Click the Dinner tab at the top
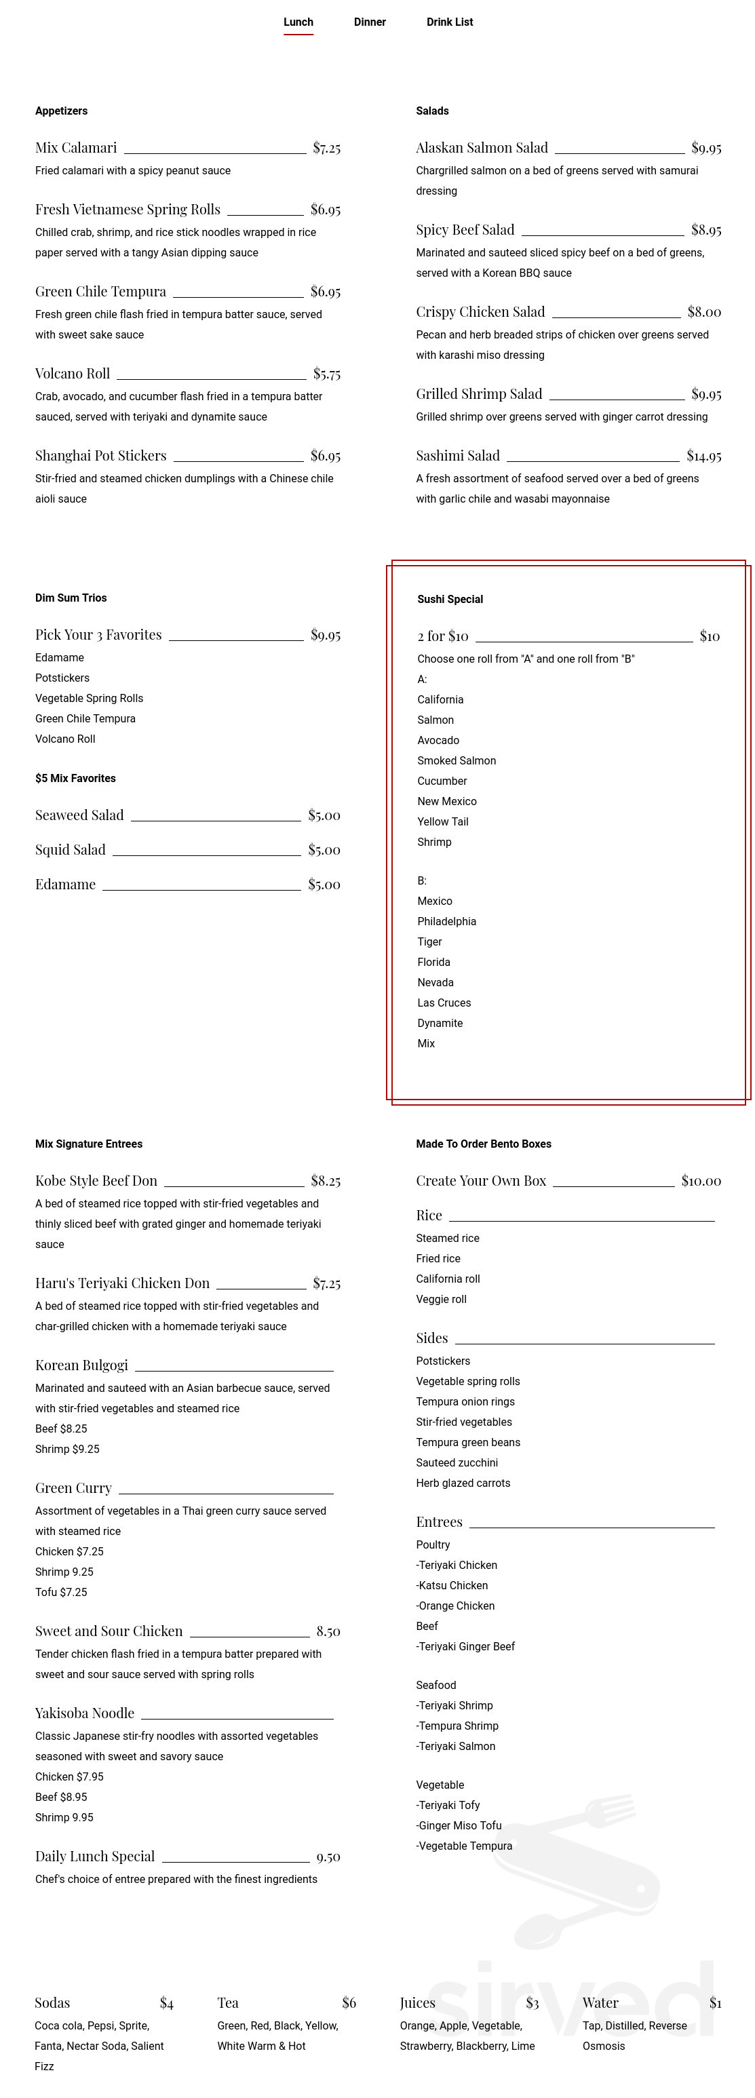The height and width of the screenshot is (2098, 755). click(369, 22)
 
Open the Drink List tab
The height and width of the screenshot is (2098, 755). click(449, 22)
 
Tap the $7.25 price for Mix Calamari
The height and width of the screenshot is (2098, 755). click(326, 149)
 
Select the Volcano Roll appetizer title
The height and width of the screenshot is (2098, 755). click(73, 374)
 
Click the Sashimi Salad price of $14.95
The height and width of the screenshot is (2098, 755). click(703, 456)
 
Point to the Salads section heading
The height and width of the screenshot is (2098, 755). click(431, 111)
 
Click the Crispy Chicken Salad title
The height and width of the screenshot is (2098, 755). click(480, 312)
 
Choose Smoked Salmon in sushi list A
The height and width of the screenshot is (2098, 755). click(456, 760)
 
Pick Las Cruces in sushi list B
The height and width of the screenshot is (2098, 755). click(444, 1003)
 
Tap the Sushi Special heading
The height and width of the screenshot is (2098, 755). click(450, 600)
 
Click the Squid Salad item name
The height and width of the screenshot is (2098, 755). click(70, 849)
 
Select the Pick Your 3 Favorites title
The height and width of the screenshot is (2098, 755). click(98, 634)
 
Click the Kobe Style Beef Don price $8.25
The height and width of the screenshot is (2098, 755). click(326, 1181)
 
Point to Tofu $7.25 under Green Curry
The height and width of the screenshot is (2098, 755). click(61, 1592)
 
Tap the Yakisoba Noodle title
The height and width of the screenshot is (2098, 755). click(85, 1713)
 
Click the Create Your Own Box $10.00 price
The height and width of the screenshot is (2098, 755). click(701, 1181)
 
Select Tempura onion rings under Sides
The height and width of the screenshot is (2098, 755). click(465, 1401)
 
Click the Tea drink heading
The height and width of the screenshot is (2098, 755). click(228, 2003)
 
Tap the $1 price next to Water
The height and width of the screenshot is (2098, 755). click(715, 2003)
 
